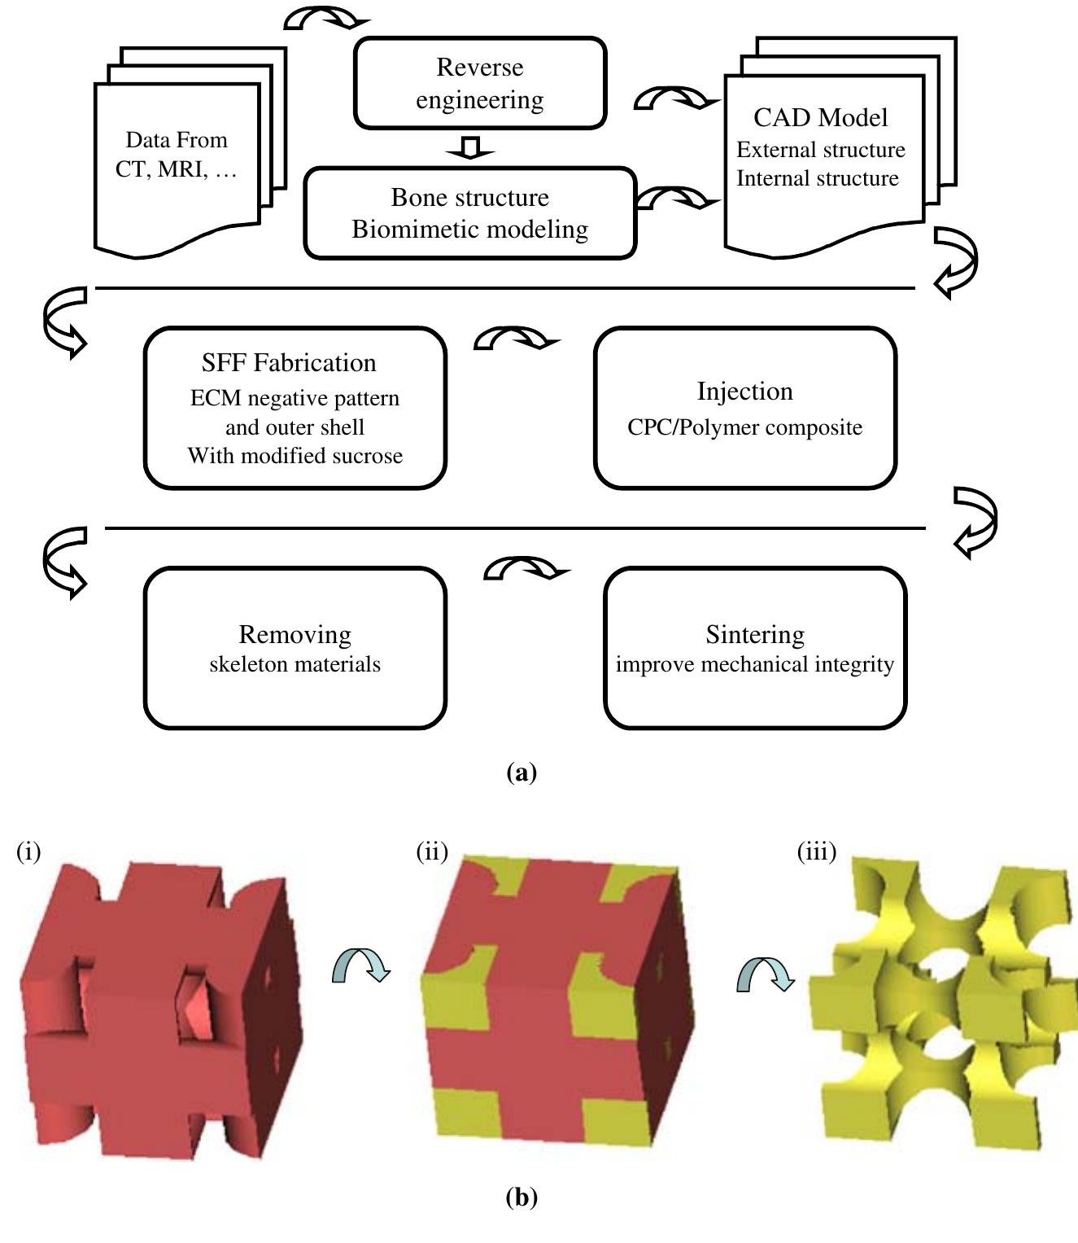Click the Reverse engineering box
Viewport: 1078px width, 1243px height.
coord(480,83)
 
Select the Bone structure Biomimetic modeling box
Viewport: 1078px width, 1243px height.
coord(469,213)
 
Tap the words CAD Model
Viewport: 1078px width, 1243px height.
coord(820,117)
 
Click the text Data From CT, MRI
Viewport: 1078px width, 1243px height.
coord(177,155)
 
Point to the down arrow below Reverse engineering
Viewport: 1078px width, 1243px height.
coord(470,148)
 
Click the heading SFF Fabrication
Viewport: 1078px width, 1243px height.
coord(289,362)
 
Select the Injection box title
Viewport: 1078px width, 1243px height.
coord(744,391)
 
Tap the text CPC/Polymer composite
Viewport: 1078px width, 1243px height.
coord(744,427)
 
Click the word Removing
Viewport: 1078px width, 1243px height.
coord(295,633)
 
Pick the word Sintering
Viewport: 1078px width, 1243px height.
coord(755,633)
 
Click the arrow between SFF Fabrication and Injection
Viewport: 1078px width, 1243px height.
coord(516,339)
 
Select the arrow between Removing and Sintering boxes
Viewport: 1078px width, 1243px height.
coord(526,568)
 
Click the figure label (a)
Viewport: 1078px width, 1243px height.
coord(522,772)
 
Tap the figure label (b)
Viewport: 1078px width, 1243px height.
coord(522,1197)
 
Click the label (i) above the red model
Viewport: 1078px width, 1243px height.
coord(28,851)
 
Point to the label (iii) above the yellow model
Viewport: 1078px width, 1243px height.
coord(816,851)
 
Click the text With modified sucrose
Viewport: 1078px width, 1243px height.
coord(295,456)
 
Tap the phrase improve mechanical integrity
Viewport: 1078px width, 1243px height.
coord(754,664)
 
